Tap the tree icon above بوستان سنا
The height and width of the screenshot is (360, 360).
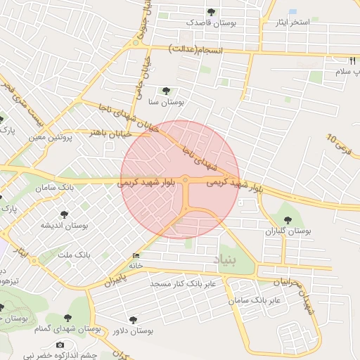pyautogui.click(x=166, y=91)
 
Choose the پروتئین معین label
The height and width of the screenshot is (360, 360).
pyautogui.click(x=51, y=137)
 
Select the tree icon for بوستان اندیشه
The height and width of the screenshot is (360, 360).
pyautogui.click(x=65, y=214)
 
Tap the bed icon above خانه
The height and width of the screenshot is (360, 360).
pyautogui.click(x=136, y=255)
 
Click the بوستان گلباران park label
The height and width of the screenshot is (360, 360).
pyautogui.click(x=288, y=231)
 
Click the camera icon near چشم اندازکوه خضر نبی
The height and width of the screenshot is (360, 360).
pyautogui.click(x=60, y=345)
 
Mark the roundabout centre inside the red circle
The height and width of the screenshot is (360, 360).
pyautogui.click(x=185, y=180)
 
